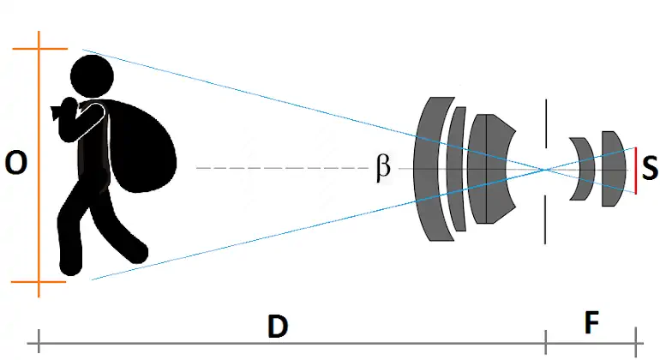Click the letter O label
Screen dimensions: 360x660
point(15,163)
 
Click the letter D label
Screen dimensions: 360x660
point(276,327)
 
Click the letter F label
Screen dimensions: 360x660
point(591,324)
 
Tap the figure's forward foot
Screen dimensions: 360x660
point(133,254)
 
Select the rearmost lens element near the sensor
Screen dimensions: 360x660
point(610,168)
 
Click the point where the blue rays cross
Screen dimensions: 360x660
point(544,169)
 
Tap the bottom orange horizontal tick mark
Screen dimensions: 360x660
point(39,281)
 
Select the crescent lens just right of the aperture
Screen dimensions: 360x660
point(583,169)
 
